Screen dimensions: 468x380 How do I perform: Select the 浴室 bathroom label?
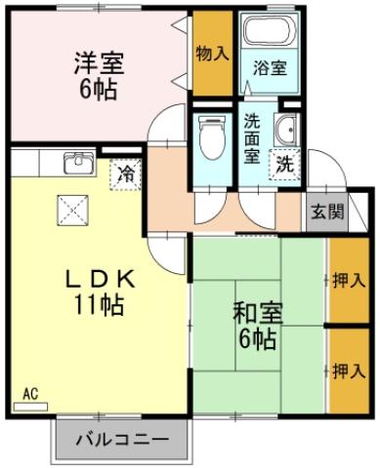(x=268, y=68)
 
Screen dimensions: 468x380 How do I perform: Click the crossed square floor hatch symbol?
(x=72, y=208)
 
